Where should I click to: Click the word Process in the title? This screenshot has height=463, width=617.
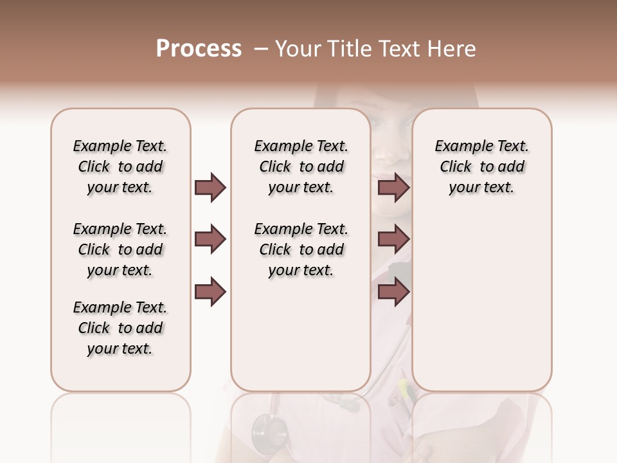point(199,49)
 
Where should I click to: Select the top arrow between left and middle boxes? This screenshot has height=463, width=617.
point(210,188)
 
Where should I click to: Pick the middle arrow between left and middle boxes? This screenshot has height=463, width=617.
point(210,240)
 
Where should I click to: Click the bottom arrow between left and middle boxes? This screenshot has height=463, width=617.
point(210,292)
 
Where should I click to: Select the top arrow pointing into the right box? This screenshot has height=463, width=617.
point(393,188)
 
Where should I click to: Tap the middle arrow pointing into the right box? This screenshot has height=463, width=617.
point(393,240)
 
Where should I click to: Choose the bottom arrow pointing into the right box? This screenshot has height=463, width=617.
point(393,292)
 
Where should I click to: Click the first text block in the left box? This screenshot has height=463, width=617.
point(120,167)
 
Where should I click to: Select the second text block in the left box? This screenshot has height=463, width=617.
point(120,250)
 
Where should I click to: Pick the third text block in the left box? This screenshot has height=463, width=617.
point(120,328)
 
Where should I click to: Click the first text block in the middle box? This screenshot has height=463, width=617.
point(301,167)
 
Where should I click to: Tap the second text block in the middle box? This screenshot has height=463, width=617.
point(301,250)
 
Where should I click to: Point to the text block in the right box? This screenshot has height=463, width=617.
point(481,167)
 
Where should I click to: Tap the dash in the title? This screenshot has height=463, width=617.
point(260,49)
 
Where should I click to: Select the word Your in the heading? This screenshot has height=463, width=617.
point(296,49)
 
